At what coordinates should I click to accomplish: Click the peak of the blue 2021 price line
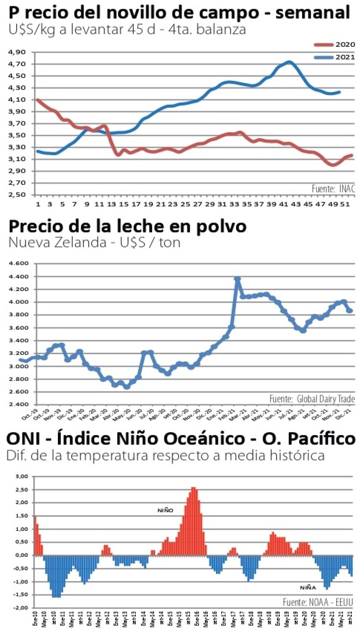point(289,62)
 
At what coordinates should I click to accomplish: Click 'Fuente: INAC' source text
point(333,188)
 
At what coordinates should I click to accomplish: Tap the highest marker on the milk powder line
point(237,279)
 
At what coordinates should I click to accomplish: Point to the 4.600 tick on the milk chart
point(18,264)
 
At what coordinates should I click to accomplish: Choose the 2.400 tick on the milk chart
point(18,405)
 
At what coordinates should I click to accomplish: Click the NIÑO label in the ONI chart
point(165,511)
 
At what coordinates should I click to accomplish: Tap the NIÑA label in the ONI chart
point(307,588)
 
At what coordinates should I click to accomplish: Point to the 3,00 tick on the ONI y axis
point(21,477)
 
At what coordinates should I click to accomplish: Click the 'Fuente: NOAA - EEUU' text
point(318,602)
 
